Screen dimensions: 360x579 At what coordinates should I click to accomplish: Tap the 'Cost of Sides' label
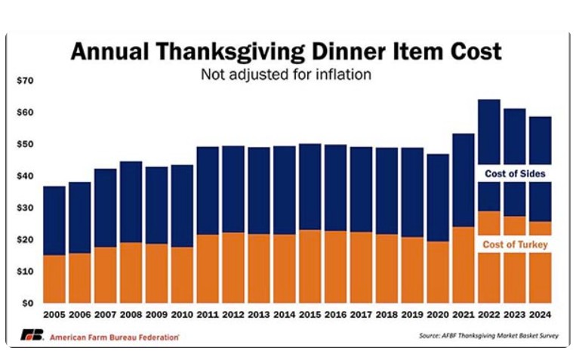point(515,174)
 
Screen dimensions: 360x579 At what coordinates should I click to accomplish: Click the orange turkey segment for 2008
point(131,272)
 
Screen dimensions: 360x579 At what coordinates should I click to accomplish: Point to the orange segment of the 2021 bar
point(462,264)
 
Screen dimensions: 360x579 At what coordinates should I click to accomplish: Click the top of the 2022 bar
point(488,100)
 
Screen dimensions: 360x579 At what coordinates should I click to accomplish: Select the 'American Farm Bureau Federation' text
point(114,337)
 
